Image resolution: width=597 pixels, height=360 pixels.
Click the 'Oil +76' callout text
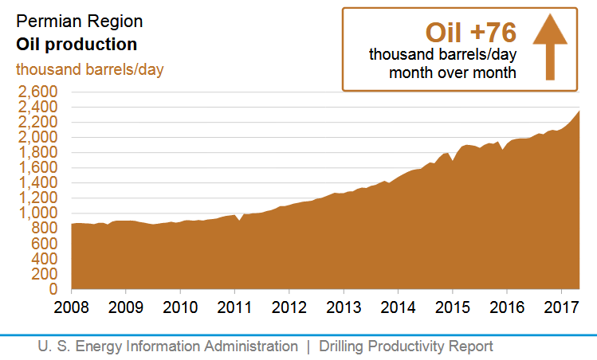pos(471,32)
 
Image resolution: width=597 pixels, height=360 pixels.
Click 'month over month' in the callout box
pos(452,73)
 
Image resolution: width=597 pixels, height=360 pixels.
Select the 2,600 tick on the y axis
pos(36,92)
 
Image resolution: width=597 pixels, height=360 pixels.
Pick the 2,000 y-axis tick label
pos(36,138)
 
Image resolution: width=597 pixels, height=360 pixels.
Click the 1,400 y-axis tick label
pos(36,183)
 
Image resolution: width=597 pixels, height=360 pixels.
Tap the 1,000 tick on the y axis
pos(36,213)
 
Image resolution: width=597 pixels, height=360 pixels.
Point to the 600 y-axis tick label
pos(44,244)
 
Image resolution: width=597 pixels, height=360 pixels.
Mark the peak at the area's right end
pos(579,111)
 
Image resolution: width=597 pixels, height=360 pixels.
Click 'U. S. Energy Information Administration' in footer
pos(167,346)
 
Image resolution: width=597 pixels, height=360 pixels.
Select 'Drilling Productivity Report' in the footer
pos(406,346)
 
